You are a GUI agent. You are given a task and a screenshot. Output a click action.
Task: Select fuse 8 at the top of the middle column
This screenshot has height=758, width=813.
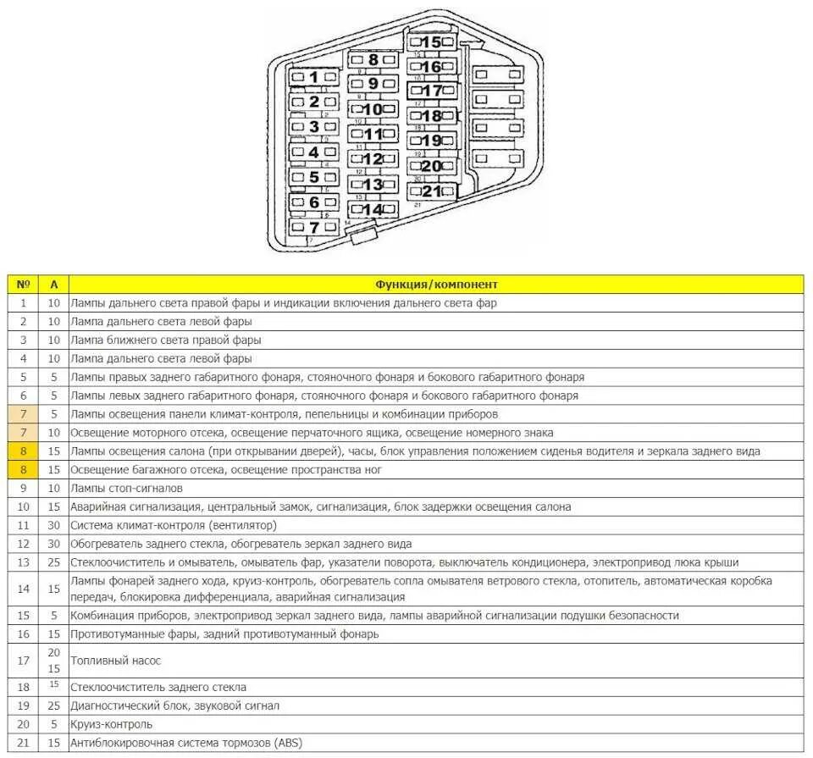click(x=373, y=60)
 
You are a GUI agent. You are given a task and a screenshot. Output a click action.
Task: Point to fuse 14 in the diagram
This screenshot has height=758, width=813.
click(x=373, y=209)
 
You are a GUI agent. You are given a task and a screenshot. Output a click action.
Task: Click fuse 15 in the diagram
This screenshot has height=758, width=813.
click(x=432, y=42)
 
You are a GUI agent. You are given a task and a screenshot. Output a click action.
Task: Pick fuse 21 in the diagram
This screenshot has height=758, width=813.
click(x=432, y=191)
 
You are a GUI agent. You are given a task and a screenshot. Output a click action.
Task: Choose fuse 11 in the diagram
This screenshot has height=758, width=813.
click(x=373, y=134)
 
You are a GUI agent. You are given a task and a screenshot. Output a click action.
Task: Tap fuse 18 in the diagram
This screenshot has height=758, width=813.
click(x=432, y=116)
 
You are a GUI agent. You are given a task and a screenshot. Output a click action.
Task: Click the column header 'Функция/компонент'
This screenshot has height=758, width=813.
click(x=436, y=285)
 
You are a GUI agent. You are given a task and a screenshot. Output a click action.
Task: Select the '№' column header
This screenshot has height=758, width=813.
click(x=23, y=285)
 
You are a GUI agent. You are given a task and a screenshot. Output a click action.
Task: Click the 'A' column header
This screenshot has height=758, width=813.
click(x=54, y=285)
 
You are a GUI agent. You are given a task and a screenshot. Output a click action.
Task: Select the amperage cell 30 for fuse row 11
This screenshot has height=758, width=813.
click(x=54, y=525)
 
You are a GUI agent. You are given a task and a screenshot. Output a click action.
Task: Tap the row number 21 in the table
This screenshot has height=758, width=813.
click(x=23, y=743)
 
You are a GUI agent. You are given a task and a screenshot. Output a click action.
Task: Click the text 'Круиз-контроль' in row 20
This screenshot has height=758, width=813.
click(x=112, y=724)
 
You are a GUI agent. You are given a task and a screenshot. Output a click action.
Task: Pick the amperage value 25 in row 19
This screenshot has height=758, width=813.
click(x=54, y=705)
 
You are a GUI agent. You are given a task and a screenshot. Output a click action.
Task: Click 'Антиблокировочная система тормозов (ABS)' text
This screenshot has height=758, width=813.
click(x=186, y=743)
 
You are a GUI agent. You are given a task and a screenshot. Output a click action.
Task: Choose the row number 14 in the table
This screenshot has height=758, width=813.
click(x=23, y=589)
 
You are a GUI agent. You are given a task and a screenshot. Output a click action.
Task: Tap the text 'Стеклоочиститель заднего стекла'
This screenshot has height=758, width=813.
click(x=158, y=687)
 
